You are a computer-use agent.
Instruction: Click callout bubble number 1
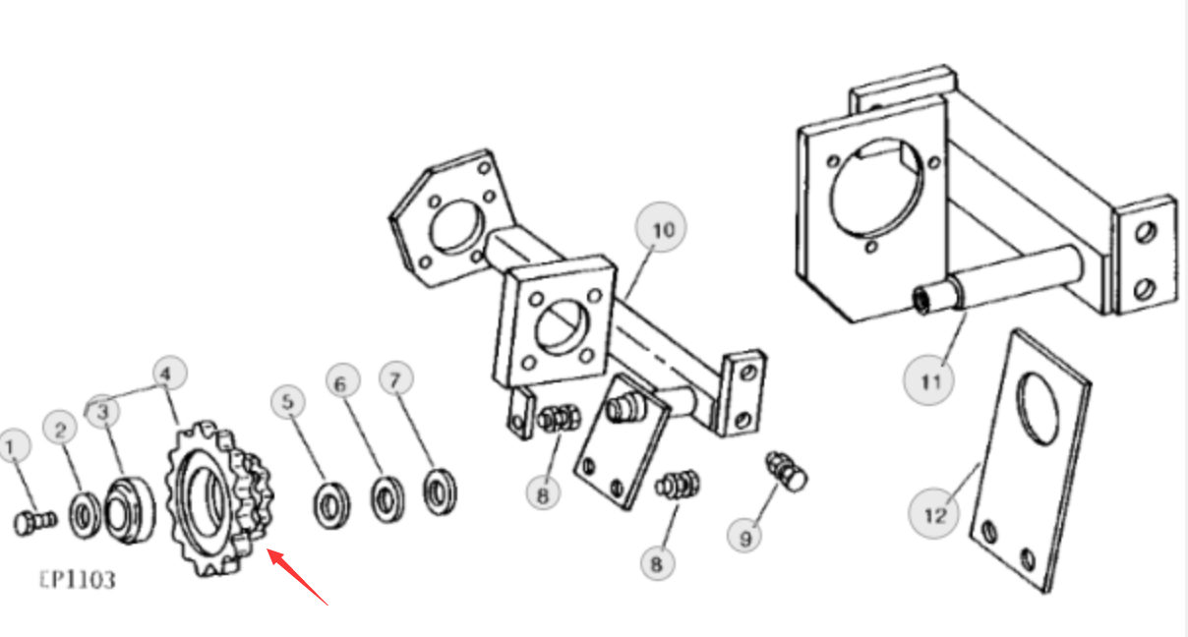13,446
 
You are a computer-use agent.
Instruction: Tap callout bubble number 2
60,429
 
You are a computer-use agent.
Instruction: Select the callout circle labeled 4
170,375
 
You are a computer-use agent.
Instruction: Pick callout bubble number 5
288,402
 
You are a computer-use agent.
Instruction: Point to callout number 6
342,382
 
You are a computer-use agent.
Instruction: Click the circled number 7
395,379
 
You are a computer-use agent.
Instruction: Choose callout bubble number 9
745,537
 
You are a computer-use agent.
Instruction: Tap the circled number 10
661,228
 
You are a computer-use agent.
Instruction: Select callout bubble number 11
928,380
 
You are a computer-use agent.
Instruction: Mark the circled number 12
934,514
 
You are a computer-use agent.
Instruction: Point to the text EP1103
78,580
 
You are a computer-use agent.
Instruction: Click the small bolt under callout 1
34,522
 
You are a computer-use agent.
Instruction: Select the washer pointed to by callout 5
331,504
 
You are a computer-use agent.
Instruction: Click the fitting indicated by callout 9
788,472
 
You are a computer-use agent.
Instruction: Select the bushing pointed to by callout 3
131,510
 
